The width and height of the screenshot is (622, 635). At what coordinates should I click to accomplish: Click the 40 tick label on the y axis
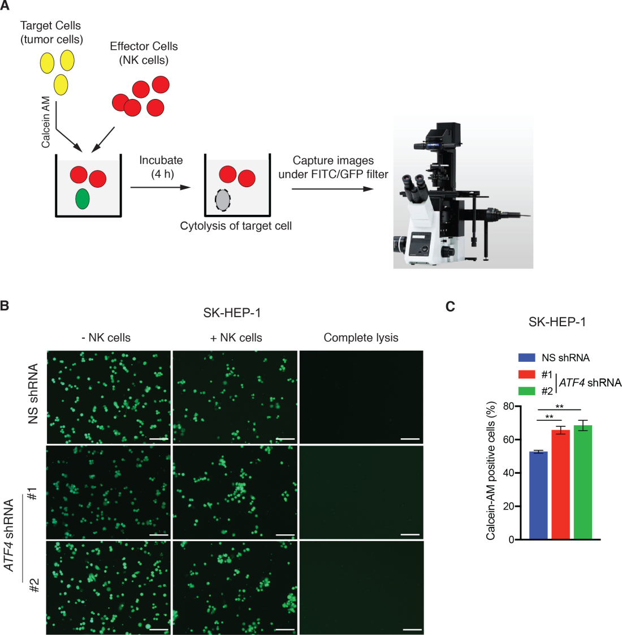(x=508, y=473)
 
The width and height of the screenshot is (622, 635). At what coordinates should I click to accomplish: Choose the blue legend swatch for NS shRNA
(x=526, y=357)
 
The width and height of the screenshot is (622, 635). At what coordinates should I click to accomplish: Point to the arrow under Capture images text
(x=332, y=188)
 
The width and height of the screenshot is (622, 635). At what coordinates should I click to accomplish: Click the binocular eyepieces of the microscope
(x=413, y=184)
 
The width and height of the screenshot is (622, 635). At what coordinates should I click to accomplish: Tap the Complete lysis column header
(x=361, y=338)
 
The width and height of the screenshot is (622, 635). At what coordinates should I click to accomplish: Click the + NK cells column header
(x=236, y=338)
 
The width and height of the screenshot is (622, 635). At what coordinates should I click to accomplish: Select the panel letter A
(x=5, y=6)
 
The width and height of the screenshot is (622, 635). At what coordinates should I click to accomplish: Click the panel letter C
(x=450, y=306)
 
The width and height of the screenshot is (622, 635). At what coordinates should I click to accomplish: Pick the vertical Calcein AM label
(x=46, y=122)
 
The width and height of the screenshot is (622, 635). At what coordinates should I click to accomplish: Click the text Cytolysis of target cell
(x=236, y=226)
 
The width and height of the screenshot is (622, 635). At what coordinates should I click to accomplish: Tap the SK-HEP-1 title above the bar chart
(x=557, y=322)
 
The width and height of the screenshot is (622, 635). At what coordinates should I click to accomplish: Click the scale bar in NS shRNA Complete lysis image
(x=409, y=438)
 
